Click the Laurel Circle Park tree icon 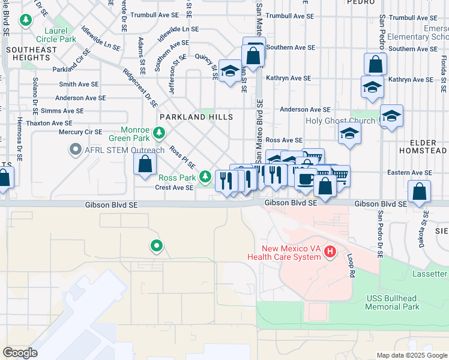tap(26, 21)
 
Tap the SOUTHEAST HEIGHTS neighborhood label tap(32, 54)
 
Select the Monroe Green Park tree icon tap(159, 132)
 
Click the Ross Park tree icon tap(205, 176)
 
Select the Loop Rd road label tap(349, 266)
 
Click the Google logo tap(20, 353)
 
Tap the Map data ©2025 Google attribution tap(411, 355)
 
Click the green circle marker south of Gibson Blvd tap(156, 245)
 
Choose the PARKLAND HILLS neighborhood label tap(188, 116)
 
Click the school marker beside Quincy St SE tap(229, 71)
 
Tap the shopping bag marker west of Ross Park tap(145, 163)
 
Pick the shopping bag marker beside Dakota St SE tap(419, 191)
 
